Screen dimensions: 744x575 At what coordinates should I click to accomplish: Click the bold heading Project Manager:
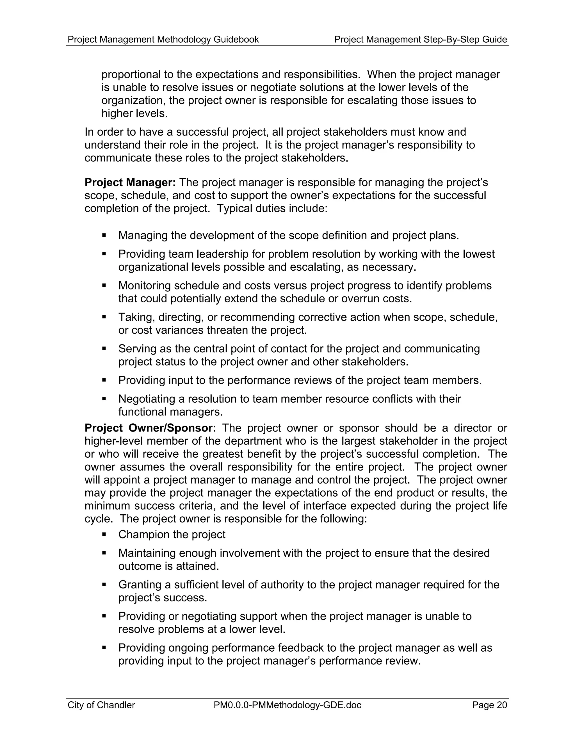[x=130, y=182]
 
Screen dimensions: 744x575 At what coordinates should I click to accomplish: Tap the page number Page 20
[x=489, y=705]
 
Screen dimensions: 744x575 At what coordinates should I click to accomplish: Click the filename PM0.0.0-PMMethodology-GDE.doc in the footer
[x=287, y=705]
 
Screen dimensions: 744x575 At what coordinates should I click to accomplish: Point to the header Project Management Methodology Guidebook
[x=163, y=40]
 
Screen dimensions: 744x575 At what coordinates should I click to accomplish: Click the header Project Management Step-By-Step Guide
[x=420, y=40]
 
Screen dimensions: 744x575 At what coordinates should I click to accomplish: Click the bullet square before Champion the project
[x=104, y=535]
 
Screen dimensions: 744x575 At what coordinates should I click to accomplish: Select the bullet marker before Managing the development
[x=104, y=235]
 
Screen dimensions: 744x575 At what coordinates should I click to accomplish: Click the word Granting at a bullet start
[x=140, y=585]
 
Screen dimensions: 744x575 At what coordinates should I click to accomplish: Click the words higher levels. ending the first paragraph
[x=134, y=113]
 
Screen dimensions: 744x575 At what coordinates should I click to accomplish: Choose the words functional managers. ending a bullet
[x=170, y=412]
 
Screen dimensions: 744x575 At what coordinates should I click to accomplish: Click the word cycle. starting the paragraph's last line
[x=99, y=519]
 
